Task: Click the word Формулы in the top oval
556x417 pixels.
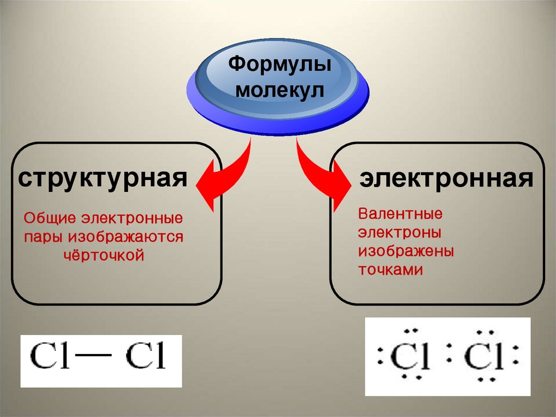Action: coord(279,65)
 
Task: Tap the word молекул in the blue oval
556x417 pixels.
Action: coord(279,91)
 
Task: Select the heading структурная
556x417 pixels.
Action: coord(103,177)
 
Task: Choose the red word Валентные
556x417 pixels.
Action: coord(400,214)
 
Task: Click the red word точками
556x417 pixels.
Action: coord(390,270)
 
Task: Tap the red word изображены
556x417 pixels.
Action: coord(406,252)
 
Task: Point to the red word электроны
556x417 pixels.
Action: coord(399,233)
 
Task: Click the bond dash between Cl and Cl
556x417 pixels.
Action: coord(97,356)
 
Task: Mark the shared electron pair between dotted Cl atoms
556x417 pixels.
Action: coord(448,359)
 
